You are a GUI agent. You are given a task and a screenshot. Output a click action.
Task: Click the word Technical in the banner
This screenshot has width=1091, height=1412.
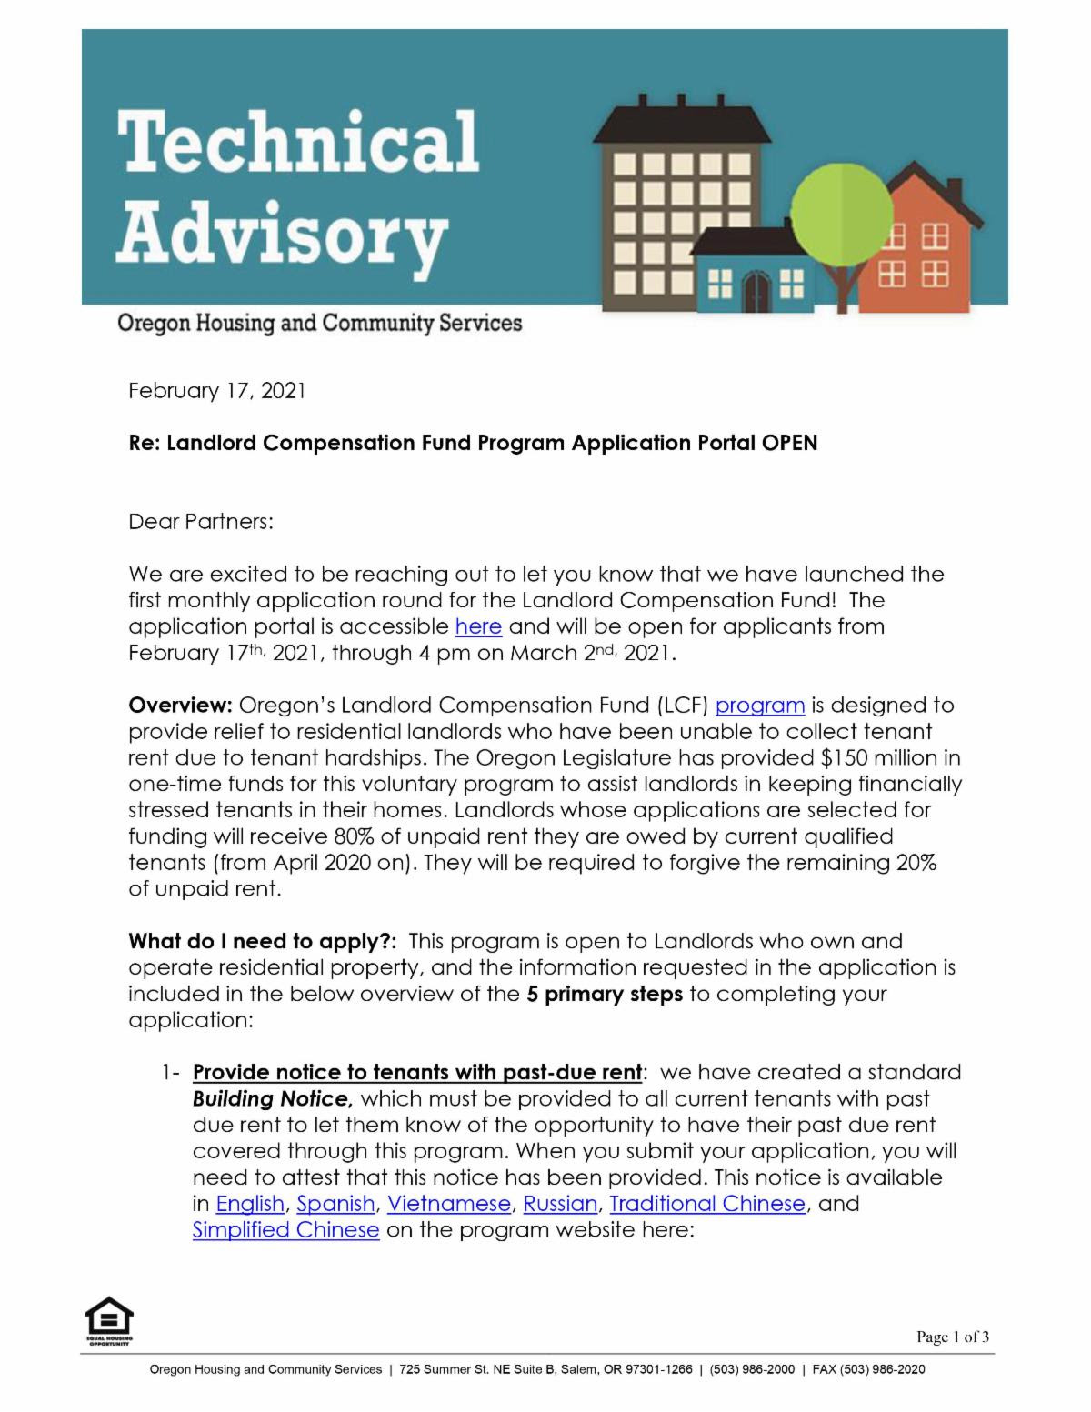(x=297, y=141)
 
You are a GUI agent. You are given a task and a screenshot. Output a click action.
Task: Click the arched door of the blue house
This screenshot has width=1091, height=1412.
(x=756, y=291)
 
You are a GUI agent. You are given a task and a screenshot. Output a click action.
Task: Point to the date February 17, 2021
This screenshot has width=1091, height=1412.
(x=216, y=391)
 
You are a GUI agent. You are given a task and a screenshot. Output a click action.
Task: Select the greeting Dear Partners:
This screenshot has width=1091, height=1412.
(x=201, y=522)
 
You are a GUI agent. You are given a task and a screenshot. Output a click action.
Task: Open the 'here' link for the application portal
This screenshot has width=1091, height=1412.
(x=478, y=626)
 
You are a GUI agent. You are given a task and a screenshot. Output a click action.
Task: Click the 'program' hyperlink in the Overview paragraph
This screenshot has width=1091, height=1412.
(x=760, y=706)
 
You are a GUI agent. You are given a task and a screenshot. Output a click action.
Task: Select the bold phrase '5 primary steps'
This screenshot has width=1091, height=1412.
(x=605, y=994)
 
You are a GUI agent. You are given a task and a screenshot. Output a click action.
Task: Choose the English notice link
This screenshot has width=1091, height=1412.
(x=250, y=1204)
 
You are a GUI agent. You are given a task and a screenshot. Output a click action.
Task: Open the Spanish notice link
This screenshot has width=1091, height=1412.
(x=335, y=1204)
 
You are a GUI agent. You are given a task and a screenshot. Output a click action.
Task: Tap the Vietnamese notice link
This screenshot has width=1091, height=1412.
(x=449, y=1204)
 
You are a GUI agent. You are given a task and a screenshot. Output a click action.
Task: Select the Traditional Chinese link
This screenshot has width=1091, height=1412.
(x=707, y=1204)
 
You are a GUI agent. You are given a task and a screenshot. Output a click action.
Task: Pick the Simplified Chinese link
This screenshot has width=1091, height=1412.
(x=285, y=1230)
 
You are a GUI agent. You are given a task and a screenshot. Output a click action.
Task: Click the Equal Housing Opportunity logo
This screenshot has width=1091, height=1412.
(x=108, y=1321)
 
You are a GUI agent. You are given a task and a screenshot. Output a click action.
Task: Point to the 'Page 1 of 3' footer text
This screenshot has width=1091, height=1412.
(x=953, y=1336)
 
